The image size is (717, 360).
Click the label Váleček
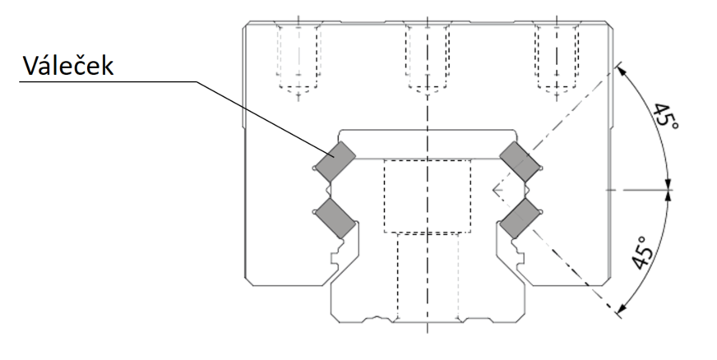tap(68, 66)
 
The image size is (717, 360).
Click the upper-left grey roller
tap(335, 161)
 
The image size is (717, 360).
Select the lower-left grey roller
tap(335, 218)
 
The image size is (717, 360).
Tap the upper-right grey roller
tap(520, 161)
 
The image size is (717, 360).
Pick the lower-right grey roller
tap(520, 218)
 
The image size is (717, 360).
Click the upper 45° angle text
tap(664, 117)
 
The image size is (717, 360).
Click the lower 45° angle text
tap(641, 252)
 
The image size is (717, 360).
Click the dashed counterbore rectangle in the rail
tap(428, 196)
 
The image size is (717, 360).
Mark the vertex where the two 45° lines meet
tap(493, 190)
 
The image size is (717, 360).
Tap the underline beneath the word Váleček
tap(108, 81)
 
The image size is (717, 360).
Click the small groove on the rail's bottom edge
tap(377, 317)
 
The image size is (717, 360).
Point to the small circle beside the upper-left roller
tap(314, 168)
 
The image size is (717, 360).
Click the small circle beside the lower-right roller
tap(541, 211)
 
